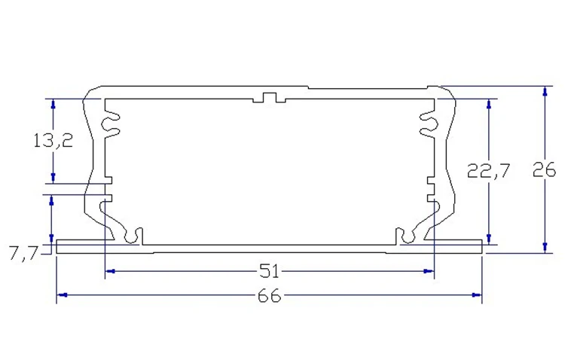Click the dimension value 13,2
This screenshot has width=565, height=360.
coord(53,140)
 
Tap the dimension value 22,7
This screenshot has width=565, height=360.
coord(489,170)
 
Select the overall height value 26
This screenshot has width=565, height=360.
coord(545,169)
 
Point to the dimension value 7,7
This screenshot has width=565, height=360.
coord(24,254)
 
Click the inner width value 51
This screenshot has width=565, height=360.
coord(269,271)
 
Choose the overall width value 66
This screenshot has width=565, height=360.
coord(269,296)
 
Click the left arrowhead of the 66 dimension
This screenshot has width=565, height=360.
coord(62,295)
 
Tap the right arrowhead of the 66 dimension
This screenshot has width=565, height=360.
coord(477,295)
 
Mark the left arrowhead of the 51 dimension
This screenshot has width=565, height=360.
coord(110,271)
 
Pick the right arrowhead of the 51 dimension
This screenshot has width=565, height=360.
coord(429,271)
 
